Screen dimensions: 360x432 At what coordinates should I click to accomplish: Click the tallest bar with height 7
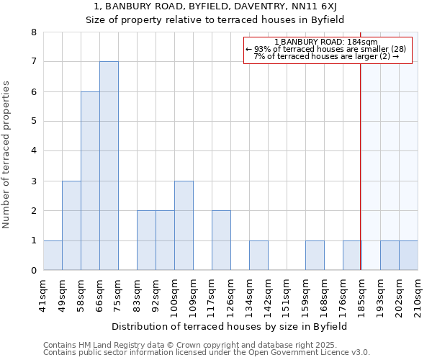109,166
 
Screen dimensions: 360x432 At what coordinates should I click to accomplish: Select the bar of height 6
90,181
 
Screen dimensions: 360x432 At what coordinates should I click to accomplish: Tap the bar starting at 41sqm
53,256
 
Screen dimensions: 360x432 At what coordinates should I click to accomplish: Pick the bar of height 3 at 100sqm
184,225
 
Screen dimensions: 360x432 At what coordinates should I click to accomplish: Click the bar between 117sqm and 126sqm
221,240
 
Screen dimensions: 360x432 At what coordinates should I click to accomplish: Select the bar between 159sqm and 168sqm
315,256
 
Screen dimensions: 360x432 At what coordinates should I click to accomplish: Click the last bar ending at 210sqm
408,256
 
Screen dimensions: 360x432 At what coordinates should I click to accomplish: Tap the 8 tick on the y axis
33,32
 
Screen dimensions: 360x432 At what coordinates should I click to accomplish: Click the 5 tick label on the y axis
33,122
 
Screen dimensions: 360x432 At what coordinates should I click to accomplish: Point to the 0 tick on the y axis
33,271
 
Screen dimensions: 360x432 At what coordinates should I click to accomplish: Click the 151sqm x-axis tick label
287,293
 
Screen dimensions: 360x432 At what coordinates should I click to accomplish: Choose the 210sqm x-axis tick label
418,293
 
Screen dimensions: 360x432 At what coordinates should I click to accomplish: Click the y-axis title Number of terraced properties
7,155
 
